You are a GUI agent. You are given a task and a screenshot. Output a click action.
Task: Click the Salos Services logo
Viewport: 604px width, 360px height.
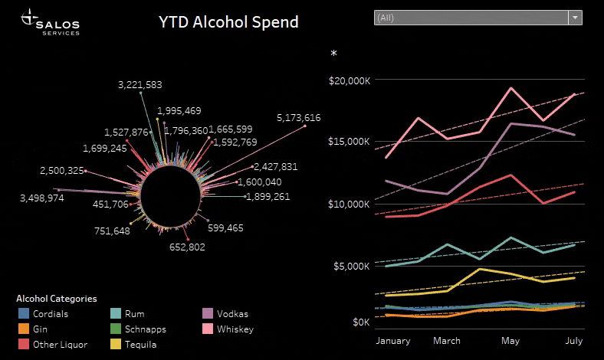(x=50, y=22)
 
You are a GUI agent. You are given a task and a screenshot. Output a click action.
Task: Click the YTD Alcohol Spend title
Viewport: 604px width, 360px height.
(x=228, y=22)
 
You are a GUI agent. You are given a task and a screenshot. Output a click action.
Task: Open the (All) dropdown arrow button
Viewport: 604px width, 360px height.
(x=575, y=18)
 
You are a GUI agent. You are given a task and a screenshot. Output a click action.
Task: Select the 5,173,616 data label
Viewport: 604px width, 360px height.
(x=298, y=118)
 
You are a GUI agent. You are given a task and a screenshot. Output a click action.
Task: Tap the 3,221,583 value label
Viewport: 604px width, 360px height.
(x=140, y=85)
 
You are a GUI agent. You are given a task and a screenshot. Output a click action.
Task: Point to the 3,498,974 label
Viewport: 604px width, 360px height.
(x=42, y=198)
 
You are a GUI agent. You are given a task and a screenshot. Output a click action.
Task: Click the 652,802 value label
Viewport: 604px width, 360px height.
(x=187, y=247)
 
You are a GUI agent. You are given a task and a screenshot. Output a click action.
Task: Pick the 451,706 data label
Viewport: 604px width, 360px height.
(x=110, y=204)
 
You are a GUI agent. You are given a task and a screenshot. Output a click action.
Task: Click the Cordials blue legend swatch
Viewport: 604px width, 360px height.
(x=24, y=313)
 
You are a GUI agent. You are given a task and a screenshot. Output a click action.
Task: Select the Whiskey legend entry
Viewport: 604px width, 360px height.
(x=228, y=329)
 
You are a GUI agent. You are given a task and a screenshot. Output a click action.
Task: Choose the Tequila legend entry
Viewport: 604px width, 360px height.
(x=133, y=344)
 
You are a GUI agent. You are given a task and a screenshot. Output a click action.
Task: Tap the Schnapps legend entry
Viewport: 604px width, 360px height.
(x=138, y=329)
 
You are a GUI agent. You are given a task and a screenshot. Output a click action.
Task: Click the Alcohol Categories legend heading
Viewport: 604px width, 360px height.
(x=57, y=299)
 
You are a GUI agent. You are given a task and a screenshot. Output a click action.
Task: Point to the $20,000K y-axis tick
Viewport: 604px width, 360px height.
(x=350, y=80)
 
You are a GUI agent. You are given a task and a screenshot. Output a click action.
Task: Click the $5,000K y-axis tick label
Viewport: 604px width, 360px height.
(x=352, y=266)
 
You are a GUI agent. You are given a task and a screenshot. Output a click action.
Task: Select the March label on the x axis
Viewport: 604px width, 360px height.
(x=447, y=341)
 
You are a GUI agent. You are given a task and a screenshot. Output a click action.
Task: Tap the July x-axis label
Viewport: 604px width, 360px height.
(x=574, y=341)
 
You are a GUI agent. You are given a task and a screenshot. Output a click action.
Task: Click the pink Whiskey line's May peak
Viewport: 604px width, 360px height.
(x=510, y=88)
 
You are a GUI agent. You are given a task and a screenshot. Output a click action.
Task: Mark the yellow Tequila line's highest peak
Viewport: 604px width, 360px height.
(x=480, y=269)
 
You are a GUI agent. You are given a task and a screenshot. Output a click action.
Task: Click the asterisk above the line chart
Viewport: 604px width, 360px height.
(x=333, y=53)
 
